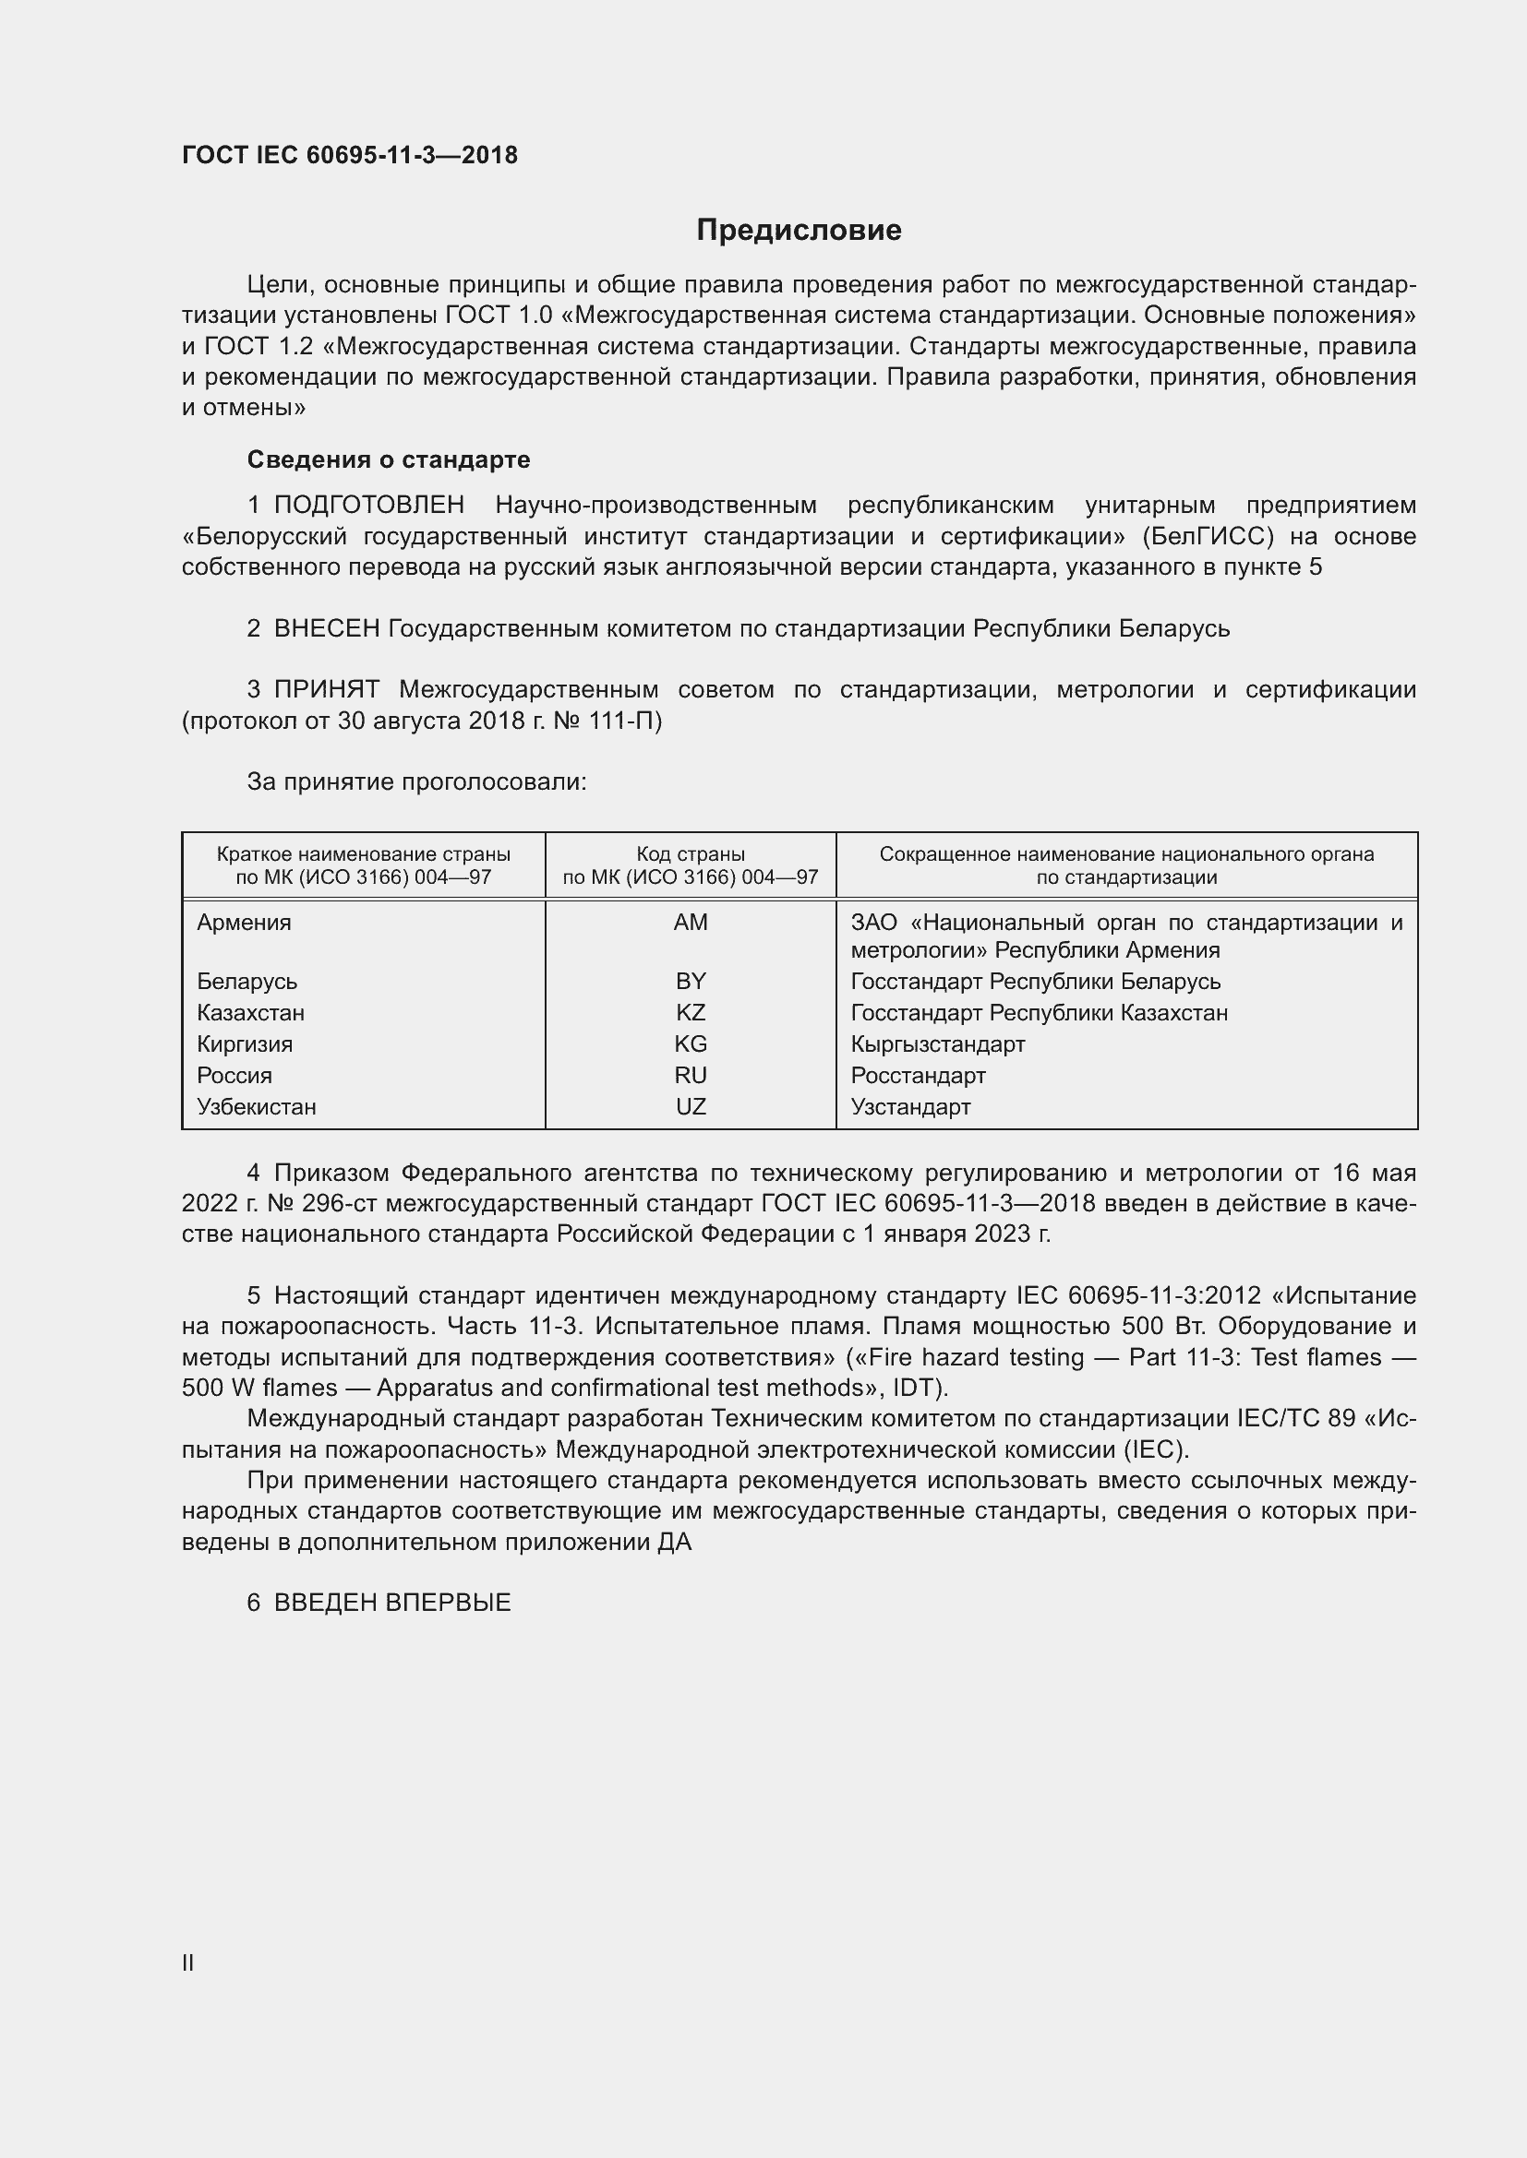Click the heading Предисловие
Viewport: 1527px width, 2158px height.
[799, 231]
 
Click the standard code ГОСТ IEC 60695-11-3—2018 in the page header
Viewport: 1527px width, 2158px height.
[350, 155]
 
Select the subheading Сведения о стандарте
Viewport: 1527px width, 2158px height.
[389, 459]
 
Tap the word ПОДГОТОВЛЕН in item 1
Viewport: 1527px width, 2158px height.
[368, 506]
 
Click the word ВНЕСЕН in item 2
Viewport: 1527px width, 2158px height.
[326, 629]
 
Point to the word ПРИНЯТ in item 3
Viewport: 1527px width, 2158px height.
[326, 690]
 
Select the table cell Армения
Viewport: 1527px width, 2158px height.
[245, 923]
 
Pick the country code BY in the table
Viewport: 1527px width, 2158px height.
[691, 982]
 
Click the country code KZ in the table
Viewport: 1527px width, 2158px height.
[691, 1013]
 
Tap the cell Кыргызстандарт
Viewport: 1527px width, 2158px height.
[937, 1044]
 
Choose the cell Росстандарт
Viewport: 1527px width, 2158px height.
[918, 1075]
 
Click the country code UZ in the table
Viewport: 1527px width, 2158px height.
[691, 1107]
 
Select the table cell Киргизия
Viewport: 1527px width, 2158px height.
[245, 1044]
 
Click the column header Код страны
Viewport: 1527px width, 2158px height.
[691, 854]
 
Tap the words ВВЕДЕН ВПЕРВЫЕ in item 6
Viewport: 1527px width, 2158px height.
[392, 1604]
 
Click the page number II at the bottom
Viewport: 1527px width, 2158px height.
[188, 1963]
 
